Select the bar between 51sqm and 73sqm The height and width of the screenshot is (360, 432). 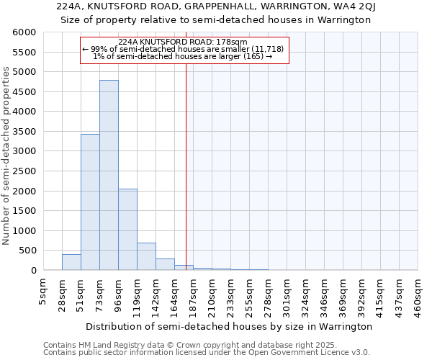coord(90,202)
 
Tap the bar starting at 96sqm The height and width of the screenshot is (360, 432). coord(127,229)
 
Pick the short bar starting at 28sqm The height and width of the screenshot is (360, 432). coord(71,262)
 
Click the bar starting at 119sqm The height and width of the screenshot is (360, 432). coord(146,256)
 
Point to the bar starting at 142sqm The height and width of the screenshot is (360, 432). coord(165,264)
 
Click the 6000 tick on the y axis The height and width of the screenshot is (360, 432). coord(24,33)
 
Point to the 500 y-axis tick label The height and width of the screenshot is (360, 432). coord(27,251)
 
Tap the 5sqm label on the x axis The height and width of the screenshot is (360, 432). coord(43,290)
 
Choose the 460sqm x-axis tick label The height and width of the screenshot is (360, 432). coord(418,294)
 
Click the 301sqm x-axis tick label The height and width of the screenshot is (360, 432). coord(287,294)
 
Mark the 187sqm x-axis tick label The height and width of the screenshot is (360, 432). coord(193,294)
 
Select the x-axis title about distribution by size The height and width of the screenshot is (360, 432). coord(230,326)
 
